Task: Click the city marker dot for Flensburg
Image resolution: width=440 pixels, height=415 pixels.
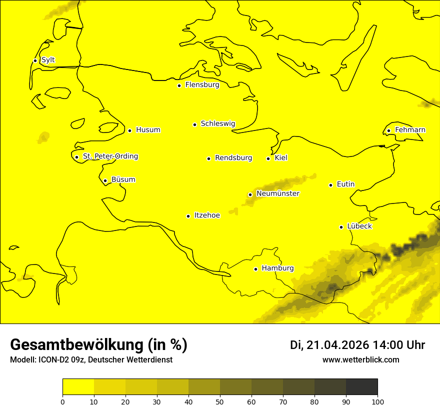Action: [179, 85]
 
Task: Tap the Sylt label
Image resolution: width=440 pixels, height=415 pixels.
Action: [48, 60]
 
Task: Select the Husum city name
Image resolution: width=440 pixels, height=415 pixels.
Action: [148, 130]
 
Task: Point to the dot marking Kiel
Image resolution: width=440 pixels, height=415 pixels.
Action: [268, 158]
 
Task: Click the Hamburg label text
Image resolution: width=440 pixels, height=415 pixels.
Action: [277, 268]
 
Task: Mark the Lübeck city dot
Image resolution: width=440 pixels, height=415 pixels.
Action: [341, 227]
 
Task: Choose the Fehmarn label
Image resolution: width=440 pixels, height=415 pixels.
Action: [410, 130]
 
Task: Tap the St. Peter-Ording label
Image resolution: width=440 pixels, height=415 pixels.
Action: [110, 156]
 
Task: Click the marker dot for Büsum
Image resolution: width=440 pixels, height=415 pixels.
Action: [105, 180]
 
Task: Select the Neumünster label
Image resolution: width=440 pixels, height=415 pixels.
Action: [278, 193]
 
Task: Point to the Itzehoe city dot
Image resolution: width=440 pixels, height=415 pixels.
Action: [188, 216]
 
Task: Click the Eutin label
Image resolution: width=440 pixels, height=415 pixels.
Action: [345, 184]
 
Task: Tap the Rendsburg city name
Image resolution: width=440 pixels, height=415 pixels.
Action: [233, 158]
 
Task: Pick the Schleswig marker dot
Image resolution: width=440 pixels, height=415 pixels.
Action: [194, 124]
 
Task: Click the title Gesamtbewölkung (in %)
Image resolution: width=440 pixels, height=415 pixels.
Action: [98, 345]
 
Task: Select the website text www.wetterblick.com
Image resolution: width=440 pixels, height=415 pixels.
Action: [360, 360]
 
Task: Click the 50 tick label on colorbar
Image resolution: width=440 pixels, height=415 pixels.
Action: [220, 401]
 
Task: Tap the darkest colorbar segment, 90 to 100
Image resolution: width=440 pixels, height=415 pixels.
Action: [361, 387]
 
